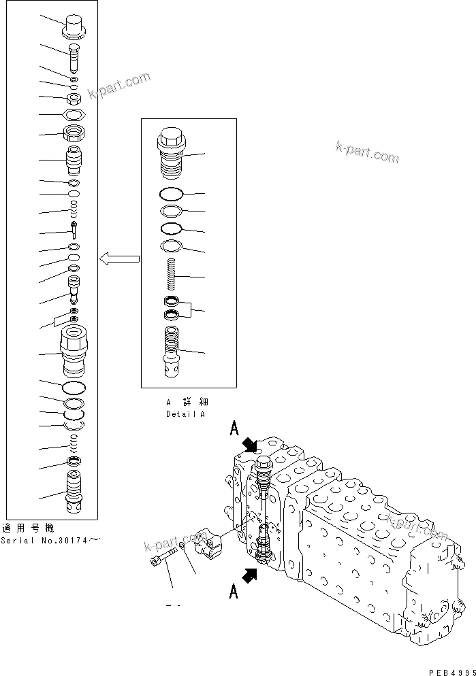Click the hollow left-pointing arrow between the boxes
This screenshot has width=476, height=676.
click(119, 258)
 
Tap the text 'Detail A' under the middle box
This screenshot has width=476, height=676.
click(185, 413)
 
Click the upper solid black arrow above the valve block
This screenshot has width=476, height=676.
click(250, 445)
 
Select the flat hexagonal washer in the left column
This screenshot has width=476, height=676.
click(74, 114)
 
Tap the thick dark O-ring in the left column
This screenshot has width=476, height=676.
click(74, 387)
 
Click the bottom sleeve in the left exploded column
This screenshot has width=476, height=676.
click(74, 495)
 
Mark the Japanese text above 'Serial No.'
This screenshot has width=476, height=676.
click(28, 528)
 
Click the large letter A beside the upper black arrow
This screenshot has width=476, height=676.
click(234, 429)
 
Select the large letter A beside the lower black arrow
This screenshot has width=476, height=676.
click(234, 591)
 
